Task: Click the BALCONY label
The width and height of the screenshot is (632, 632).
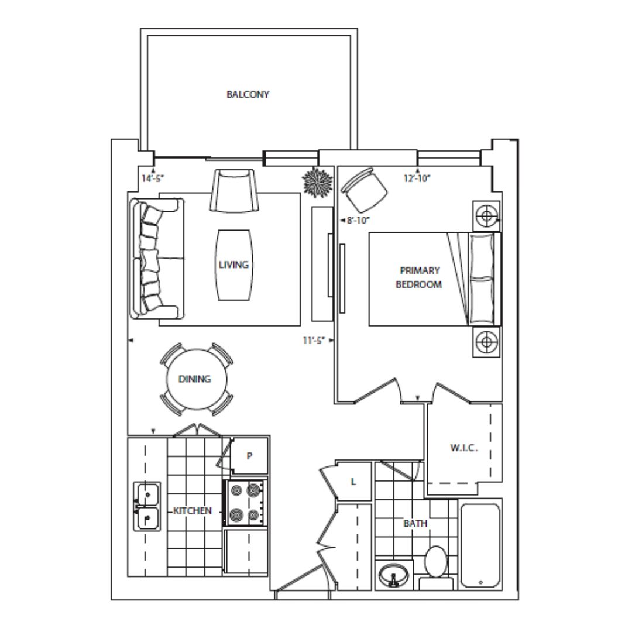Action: (248, 94)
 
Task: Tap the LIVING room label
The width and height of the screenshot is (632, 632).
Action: (233, 265)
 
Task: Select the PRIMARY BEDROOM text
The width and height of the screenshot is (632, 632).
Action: (419, 277)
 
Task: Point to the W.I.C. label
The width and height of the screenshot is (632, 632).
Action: (463, 448)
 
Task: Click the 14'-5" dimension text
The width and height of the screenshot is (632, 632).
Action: (153, 178)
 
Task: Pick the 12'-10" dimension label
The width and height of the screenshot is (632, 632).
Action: (417, 178)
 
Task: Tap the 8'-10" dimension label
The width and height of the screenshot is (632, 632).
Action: (358, 221)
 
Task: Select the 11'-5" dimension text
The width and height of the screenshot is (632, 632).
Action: (314, 341)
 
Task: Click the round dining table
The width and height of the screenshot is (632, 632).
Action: (197, 379)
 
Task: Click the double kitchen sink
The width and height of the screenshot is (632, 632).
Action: (147, 506)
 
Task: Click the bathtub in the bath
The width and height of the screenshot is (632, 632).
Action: (480, 545)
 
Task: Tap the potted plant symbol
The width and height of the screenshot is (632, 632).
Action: (318, 182)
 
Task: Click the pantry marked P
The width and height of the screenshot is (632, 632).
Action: (249, 456)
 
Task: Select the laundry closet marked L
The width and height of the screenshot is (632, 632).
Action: (353, 481)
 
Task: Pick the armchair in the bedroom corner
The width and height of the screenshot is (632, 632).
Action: (364, 190)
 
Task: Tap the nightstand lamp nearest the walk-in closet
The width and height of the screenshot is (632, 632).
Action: (486, 342)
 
